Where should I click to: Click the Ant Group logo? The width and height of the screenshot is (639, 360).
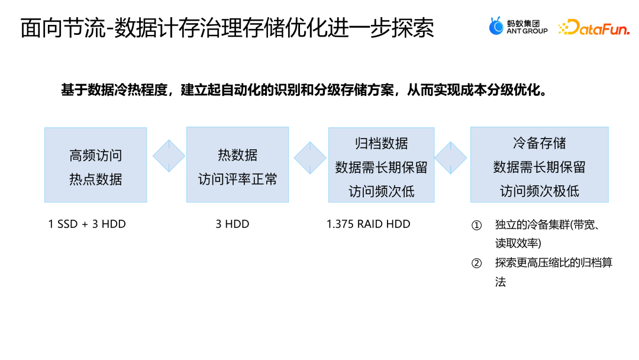click(x=518, y=27)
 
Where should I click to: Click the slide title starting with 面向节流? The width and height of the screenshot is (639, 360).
click(x=227, y=28)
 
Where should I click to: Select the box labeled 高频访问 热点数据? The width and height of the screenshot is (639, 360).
click(x=95, y=165)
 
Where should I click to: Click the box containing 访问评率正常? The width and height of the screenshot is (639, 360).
click(x=237, y=165)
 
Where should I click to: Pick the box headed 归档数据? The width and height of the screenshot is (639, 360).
click(x=381, y=165)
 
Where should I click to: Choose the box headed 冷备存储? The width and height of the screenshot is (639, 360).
click(x=539, y=165)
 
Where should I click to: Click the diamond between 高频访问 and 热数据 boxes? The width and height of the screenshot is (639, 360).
click(x=169, y=156)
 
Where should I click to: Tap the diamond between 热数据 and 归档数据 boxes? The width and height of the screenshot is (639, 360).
click(x=310, y=157)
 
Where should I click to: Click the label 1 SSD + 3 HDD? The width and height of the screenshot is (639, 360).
click(x=87, y=224)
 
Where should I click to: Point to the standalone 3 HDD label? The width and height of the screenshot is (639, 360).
click(x=233, y=224)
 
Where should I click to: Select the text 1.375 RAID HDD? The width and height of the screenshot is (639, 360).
click(x=368, y=224)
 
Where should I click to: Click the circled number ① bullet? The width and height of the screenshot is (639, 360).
click(x=476, y=226)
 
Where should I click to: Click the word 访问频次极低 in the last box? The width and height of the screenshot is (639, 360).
click(x=539, y=191)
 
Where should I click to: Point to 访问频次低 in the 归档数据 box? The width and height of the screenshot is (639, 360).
click(x=381, y=191)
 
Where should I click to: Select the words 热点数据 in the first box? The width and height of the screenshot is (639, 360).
click(x=95, y=179)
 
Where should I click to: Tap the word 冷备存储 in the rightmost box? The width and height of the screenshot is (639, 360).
click(x=539, y=143)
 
